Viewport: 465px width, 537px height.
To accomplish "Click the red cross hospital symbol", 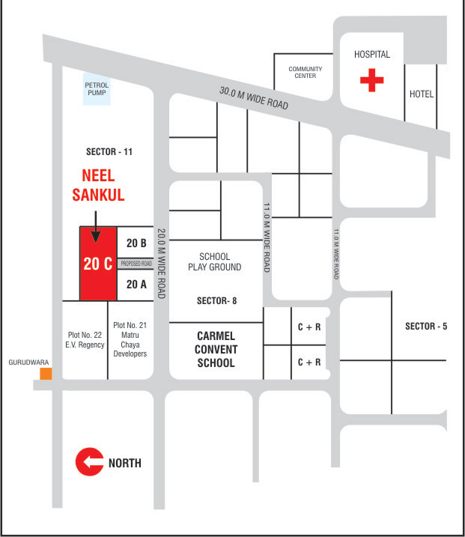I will [x=371, y=80].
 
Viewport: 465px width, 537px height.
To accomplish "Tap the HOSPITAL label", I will [x=372, y=55].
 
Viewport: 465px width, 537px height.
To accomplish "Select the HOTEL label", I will [x=422, y=94].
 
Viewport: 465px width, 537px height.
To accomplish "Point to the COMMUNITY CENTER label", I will [x=306, y=72].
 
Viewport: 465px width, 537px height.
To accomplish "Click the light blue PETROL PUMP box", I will [x=97, y=90].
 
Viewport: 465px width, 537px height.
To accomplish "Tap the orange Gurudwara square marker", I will [x=46, y=373].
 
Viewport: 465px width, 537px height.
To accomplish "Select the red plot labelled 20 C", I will [x=98, y=264].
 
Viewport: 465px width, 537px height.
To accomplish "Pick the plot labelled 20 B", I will [x=136, y=243].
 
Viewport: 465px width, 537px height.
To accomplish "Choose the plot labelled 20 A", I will [x=136, y=284].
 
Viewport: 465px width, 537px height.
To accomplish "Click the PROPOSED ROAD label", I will [x=136, y=264].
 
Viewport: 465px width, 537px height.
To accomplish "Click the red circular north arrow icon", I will [x=89, y=463].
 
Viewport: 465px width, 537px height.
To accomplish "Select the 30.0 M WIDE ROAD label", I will [x=254, y=99].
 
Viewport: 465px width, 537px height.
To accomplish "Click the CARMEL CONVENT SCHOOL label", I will [x=216, y=350].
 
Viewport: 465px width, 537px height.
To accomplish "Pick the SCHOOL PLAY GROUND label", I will [x=215, y=262].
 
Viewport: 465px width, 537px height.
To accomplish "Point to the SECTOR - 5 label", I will [x=426, y=326].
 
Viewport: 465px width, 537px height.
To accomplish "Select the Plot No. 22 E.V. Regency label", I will [x=85, y=339].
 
